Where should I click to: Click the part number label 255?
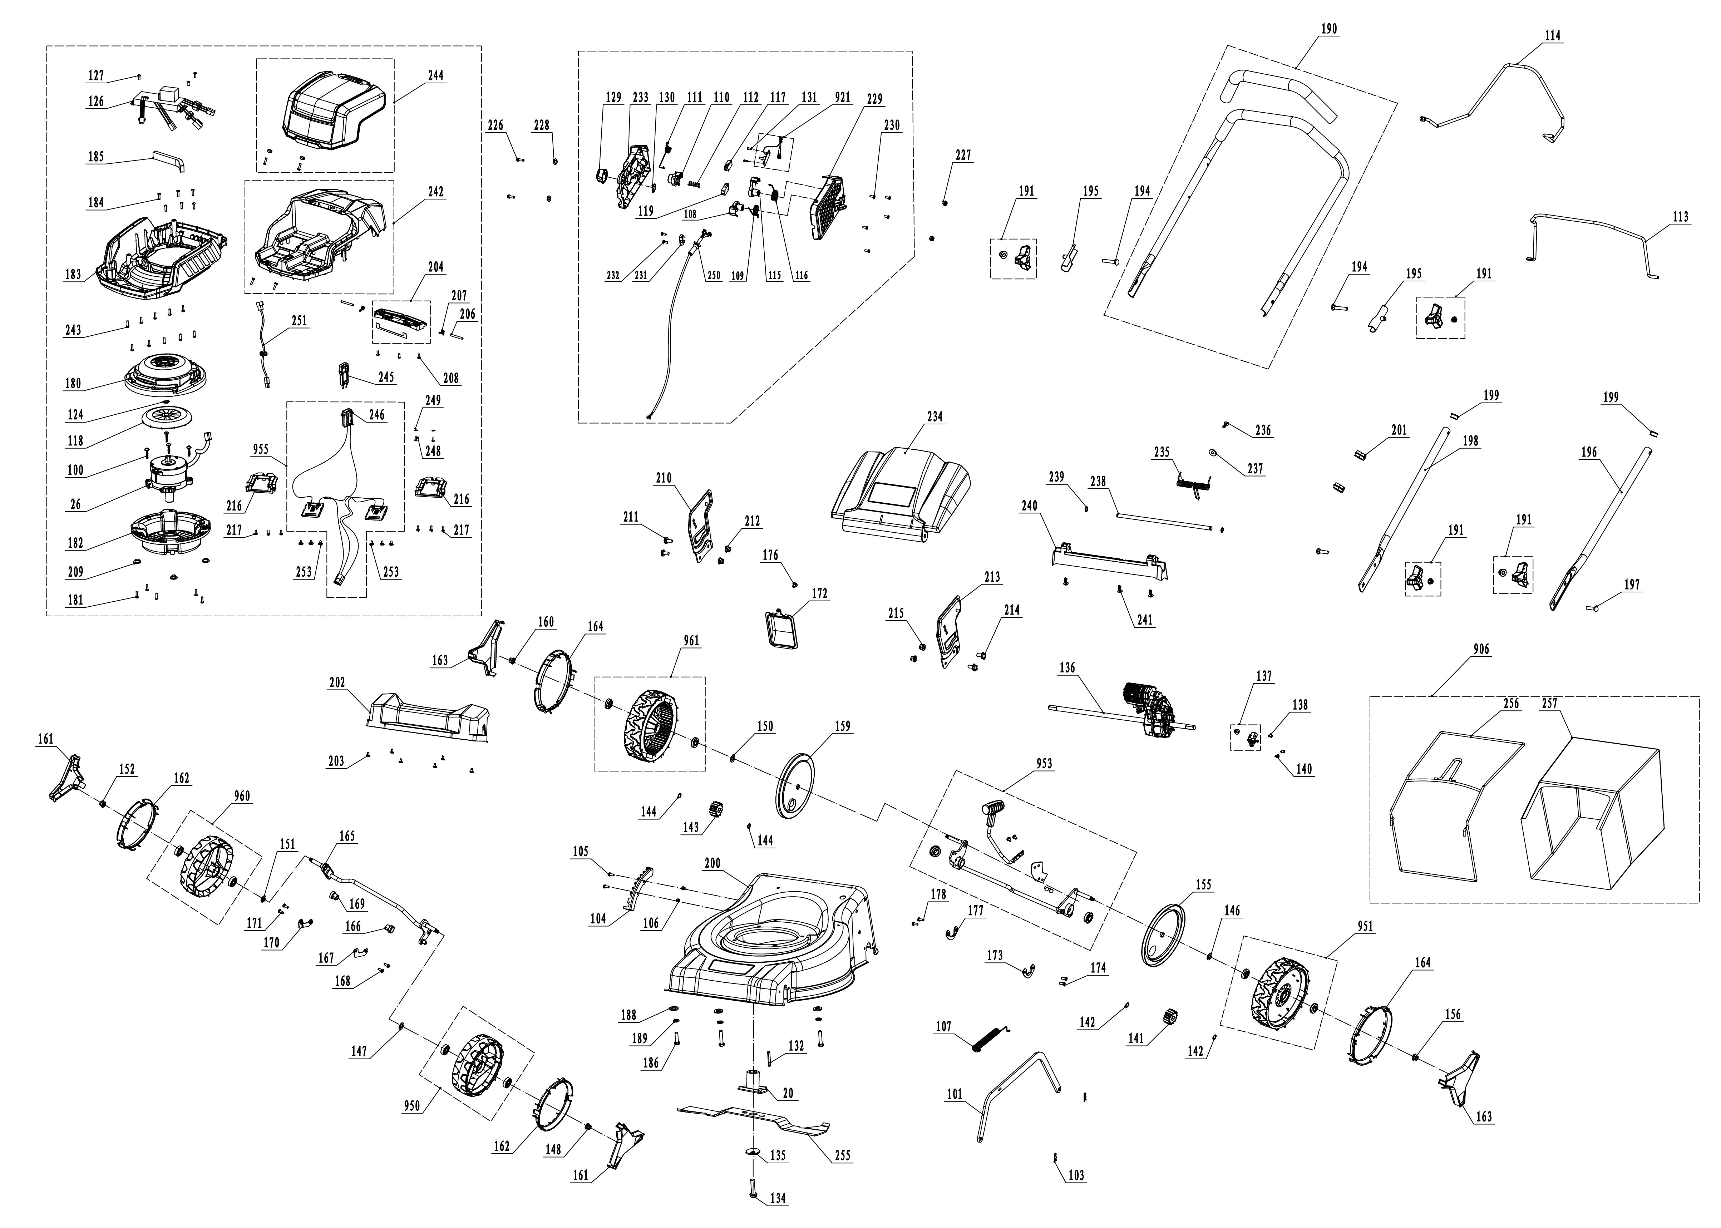pyautogui.click(x=842, y=1155)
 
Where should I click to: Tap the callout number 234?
pyautogui.click(x=935, y=416)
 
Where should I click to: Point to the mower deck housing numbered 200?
pyautogui.click(x=771, y=945)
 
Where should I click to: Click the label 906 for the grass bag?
pyautogui.click(x=1481, y=650)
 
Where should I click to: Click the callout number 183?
pyautogui.click(x=73, y=275)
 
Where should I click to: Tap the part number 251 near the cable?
pyautogui.click(x=300, y=321)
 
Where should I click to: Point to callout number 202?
pyautogui.click(x=336, y=682)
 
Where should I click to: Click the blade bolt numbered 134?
pyautogui.click(x=777, y=1198)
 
